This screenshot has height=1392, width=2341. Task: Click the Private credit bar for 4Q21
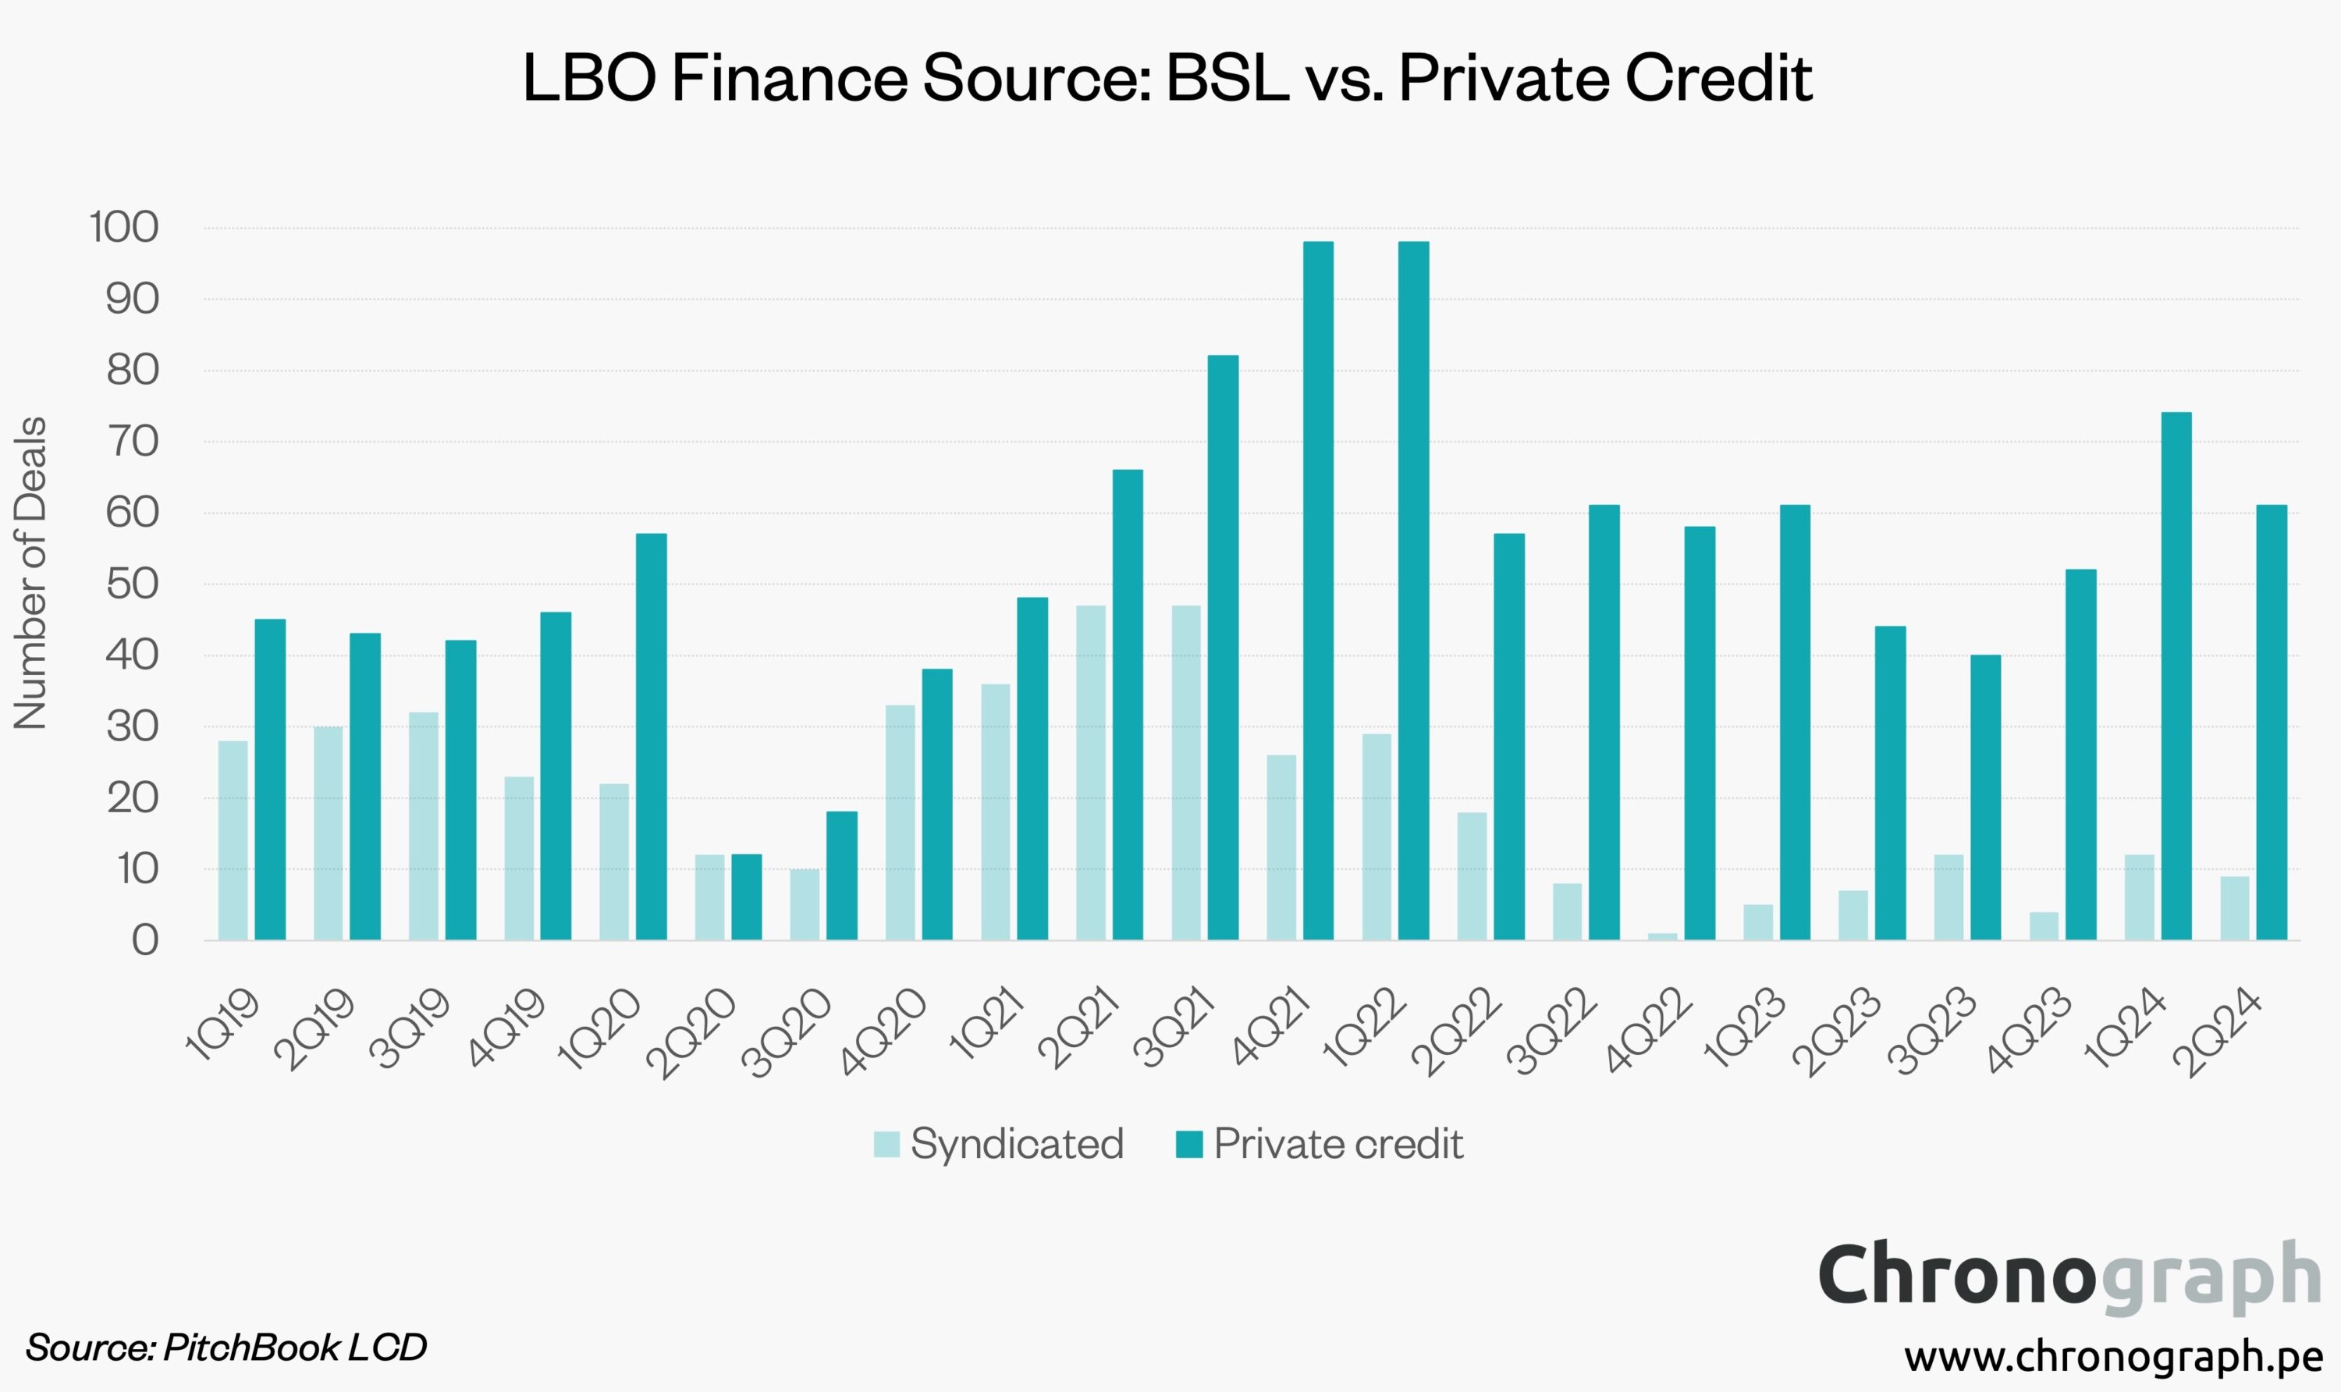tap(1318, 590)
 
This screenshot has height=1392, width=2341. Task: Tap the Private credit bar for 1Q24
tap(2176, 676)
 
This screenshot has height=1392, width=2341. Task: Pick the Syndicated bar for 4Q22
tap(1662, 936)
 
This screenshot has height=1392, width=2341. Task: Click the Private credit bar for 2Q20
tap(747, 897)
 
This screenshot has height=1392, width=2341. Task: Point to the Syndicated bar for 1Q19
tap(233, 840)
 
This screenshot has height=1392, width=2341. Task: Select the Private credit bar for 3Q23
tap(1984, 797)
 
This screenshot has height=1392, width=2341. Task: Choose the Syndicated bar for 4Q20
tap(901, 822)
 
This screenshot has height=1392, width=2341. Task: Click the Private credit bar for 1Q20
tap(651, 737)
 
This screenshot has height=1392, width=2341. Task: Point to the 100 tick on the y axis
tap(125, 228)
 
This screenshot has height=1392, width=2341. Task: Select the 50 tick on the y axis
tap(132, 584)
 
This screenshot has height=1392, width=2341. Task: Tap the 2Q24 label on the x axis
tap(2216, 1032)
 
